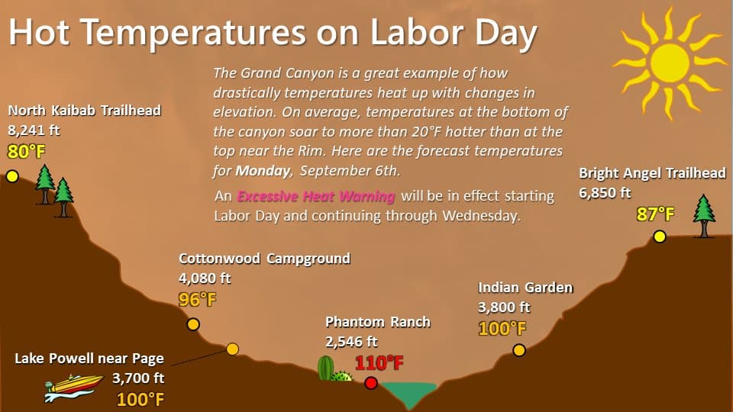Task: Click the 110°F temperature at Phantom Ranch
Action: click(379, 363)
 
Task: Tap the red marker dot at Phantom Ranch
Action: click(371, 383)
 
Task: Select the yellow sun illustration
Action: click(670, 63)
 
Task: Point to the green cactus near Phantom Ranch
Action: click(326, 369)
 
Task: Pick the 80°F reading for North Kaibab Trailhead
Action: click(27, 151)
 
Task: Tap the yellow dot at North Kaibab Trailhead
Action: click(13, 176)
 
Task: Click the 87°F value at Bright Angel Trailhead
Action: click(655, 214)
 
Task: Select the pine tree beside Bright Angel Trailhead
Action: click(703, 216)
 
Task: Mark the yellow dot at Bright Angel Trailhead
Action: click(660, 237)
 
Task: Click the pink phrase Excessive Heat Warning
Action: click(316, 196)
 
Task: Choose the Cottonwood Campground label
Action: click(265, 259)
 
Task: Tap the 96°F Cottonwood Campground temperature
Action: click(198, 299)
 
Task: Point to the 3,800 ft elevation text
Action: click(504, 307)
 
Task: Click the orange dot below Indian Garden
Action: click(519, 350)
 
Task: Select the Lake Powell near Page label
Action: click(89, 359)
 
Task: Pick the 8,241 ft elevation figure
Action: click(34, 130)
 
